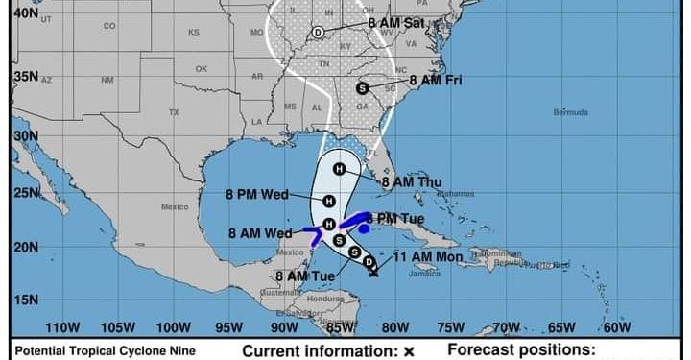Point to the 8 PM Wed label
(256, 195)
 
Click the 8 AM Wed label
(259, 232)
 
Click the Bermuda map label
(571, 112)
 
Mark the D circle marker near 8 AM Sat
(318, 32)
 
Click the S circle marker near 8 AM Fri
(362, 87)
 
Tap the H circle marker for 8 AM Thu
(339, 169)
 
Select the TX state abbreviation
(174, 112)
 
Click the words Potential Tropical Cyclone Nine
(106, 351)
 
